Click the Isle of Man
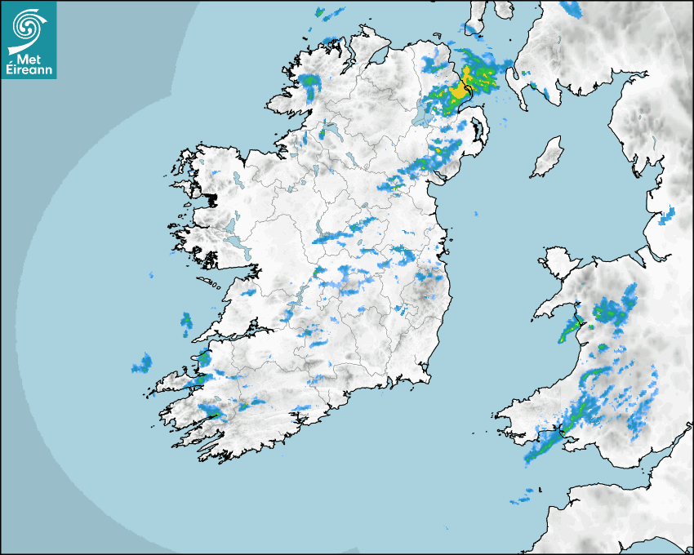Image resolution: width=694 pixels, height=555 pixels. point(547,158)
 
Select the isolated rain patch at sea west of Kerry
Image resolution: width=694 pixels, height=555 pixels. point(143,364)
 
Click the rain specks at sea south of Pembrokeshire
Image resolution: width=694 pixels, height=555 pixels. point(523,496)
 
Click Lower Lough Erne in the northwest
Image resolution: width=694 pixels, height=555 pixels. point(332,131)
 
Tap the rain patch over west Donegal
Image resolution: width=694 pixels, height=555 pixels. point(308,81)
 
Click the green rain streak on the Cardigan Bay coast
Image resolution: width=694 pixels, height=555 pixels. point(567,331)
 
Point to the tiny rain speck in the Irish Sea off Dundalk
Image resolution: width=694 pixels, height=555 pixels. point(474,214)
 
